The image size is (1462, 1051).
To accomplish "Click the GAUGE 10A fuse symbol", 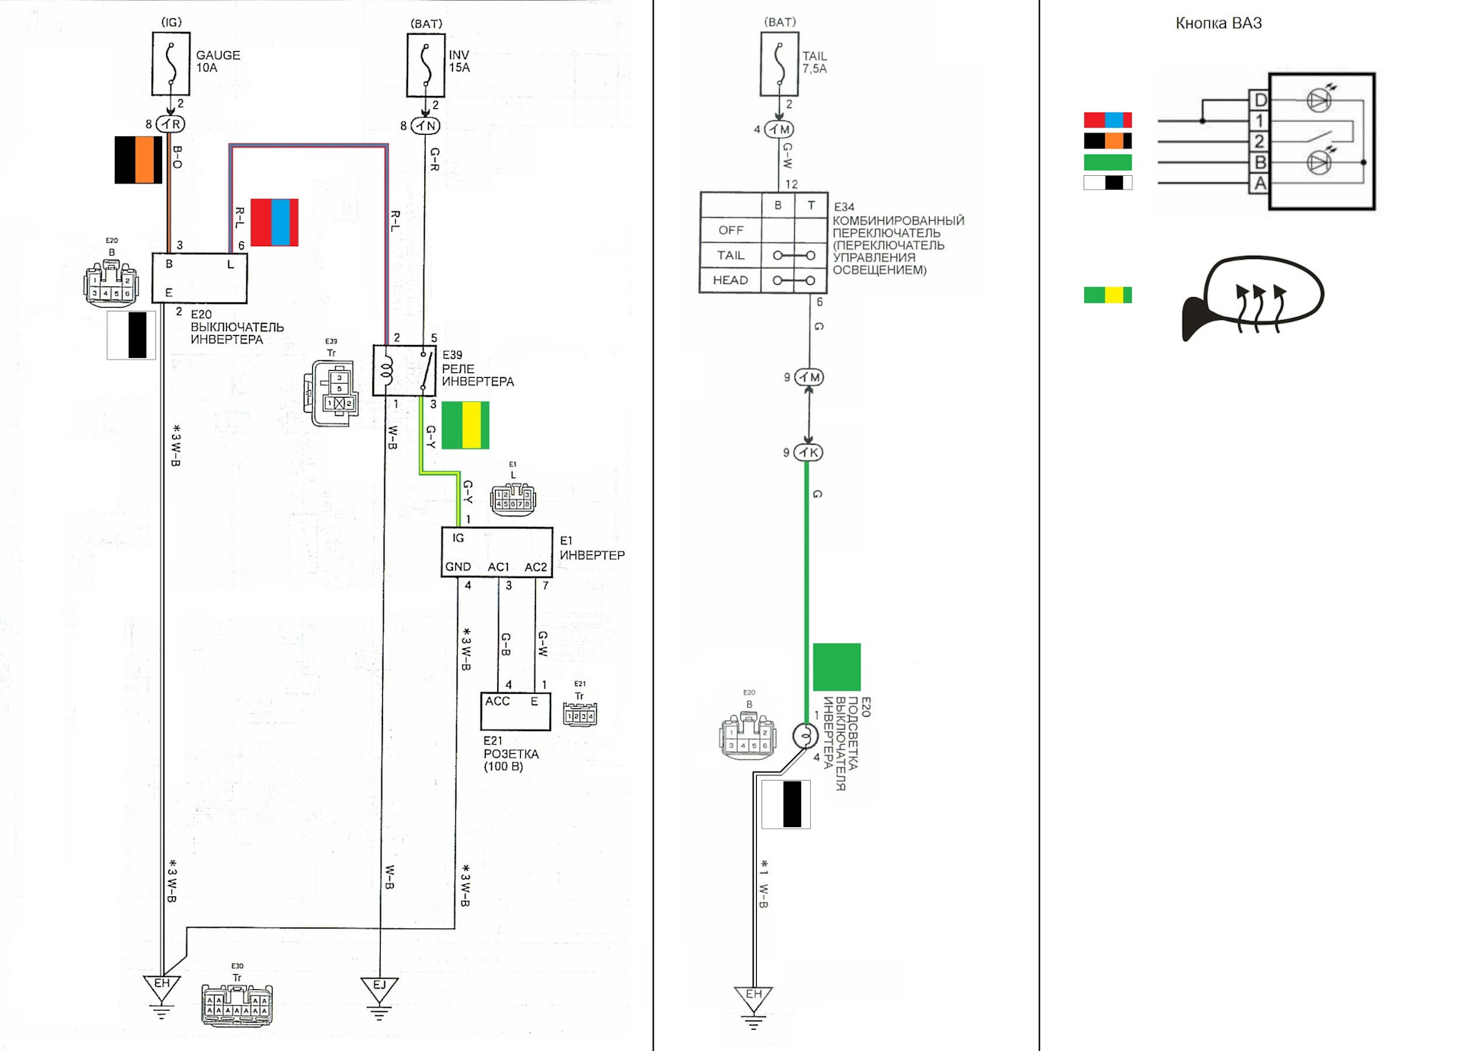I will pyautogui.click(x=171, y=64).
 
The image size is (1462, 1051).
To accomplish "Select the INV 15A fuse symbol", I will pyautogui.click(x=426, y=65).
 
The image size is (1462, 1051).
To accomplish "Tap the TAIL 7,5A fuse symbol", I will pyautogui.click(x=779, y=65).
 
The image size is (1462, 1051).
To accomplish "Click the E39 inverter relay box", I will pyautogui.click(x=404, y=371).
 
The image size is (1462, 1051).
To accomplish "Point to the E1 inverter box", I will pyautogui.click(x=496, y=552).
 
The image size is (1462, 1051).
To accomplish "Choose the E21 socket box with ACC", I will pyautogui.click(x=516, y=711).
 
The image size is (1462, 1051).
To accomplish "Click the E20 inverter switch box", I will pyautogui.click(x=200, y=278).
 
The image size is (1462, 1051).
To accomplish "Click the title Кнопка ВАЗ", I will pyautogui.click(x=1218, y=24).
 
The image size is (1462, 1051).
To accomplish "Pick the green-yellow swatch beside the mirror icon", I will pyautogui.click(x=1107, y=295).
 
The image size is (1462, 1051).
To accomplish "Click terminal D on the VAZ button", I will pyautogui.click(x=1259, y=100).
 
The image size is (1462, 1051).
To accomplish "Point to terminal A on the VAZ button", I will pyautogui.click(x=1259, y=184).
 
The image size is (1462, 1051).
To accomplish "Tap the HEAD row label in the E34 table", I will pyautogui.click(x=730, y=280).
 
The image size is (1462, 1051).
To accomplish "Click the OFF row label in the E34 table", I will pyautogui.click(x=730, y=230).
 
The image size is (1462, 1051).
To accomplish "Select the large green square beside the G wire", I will pyautogui.click(x=836, y=667).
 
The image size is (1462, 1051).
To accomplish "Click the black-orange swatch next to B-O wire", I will pyautogui.click(x=138, y=160).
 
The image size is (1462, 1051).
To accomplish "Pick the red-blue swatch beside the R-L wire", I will pyautogui.click(x=274, y=222).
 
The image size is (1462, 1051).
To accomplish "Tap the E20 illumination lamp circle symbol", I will pyautogui.click(x=805, y=736).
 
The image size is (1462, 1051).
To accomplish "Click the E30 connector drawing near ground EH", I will pyautogui.click(x=237, y=1005).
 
